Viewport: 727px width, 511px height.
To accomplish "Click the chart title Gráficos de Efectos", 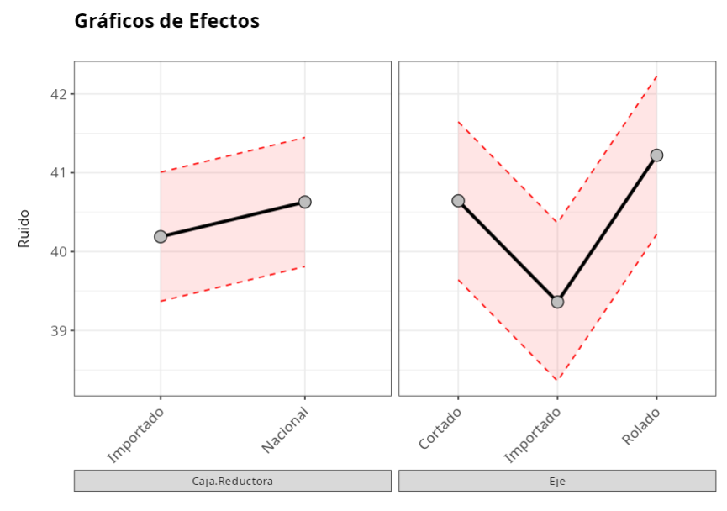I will coord(166,22).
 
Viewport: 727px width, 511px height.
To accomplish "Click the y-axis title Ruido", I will coord(24,228).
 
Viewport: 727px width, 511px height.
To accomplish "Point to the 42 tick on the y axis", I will coord(60,94).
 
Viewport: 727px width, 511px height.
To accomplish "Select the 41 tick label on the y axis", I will coord(60,173).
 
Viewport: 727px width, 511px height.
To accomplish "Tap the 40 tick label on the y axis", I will coord(60,252).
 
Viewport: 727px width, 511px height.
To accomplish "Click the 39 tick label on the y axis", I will coord(60,331).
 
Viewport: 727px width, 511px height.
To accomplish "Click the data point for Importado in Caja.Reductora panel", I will coord(161,237).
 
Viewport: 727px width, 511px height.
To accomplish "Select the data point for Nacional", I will coord(305,202).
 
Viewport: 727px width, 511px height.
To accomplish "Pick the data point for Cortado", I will coord(458,201).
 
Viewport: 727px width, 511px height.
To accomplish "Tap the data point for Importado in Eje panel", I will coord(557,302).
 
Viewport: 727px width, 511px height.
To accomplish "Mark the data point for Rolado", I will coord(657,155).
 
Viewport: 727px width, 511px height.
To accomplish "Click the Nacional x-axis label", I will coord(285,431).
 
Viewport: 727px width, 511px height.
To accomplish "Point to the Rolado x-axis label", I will coord(641,426).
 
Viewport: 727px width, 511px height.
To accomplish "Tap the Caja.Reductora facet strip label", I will coord(232,481).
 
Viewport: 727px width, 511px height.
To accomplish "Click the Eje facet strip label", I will coord(557,481).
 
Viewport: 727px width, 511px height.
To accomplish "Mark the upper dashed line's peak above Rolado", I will coord(657,76).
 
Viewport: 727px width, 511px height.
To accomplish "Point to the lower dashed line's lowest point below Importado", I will coord(557,380).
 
